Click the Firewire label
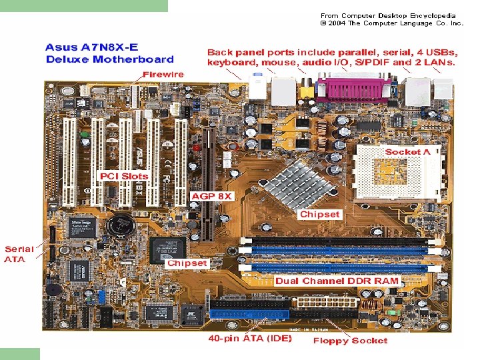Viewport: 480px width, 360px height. pyautogui.click(x=163, y=74)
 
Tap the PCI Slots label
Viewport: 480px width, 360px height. pyautogui.click(x=124, y=176)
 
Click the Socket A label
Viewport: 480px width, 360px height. pyautogui.click(x=412, y=152)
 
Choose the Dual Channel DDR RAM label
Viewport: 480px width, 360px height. pyautogui.click(x=337, y=281)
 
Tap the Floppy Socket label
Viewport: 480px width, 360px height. pyautogui.click(x=350, y=341)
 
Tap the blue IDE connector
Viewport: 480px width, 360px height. pyautogui.click(x=249, y=313)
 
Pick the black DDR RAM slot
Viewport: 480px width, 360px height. pyautogui.click(x=333, y=240)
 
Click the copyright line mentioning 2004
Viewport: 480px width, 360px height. pyautogui.click(x=391, y=23)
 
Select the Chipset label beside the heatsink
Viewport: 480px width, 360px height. pyautogui.click(x=319, y=215)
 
